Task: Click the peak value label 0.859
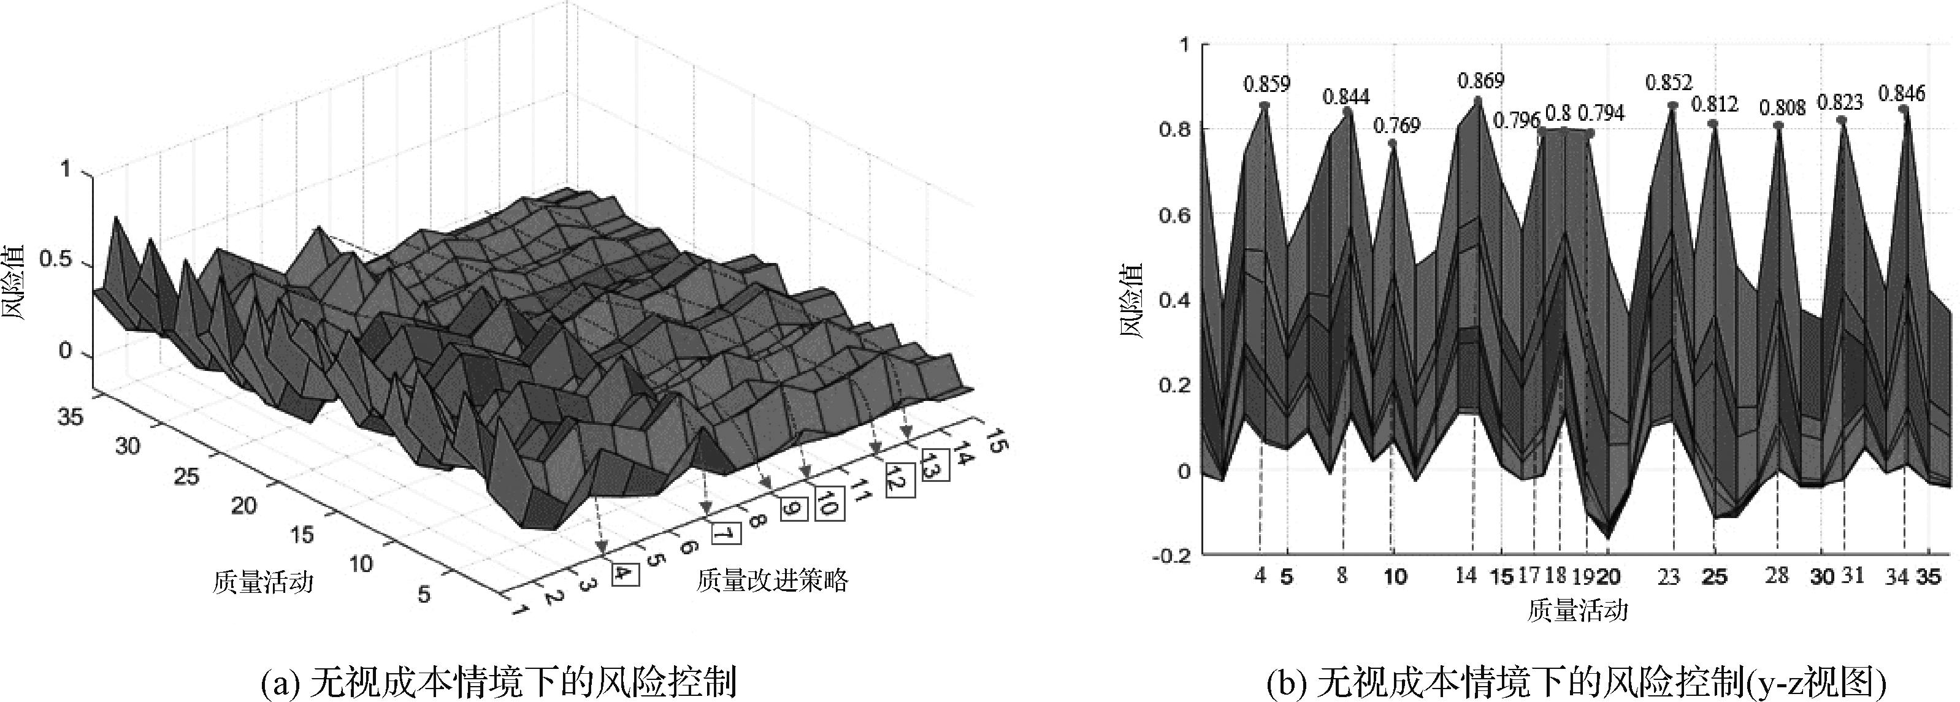coord(1267,83)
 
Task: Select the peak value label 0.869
coord(1480,80)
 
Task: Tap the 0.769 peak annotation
coord(1396,124)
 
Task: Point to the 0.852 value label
coord(1669,82)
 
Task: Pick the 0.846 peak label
coord(1901,94)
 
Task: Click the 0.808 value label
coord(1782,108)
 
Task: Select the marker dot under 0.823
coord(1841,120)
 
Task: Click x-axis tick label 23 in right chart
coord(1669,576)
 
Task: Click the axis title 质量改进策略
coord(771,581)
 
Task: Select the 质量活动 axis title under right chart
coord(1577,611)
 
